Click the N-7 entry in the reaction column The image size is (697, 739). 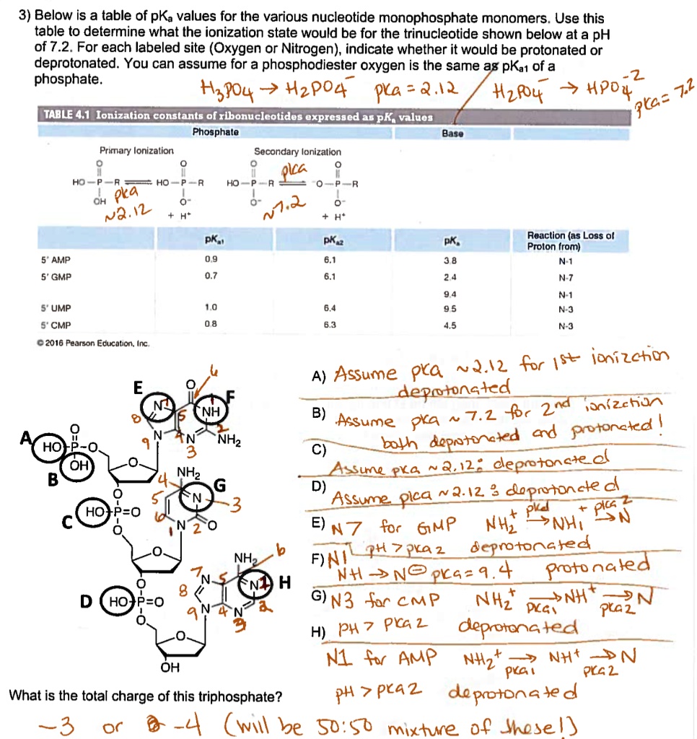click(x=566, y=276)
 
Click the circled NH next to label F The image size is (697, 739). click(x=211, y=411)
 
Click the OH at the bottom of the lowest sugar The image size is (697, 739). click(x=170, y=668)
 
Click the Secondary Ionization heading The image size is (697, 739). click(x=297, y=152)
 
